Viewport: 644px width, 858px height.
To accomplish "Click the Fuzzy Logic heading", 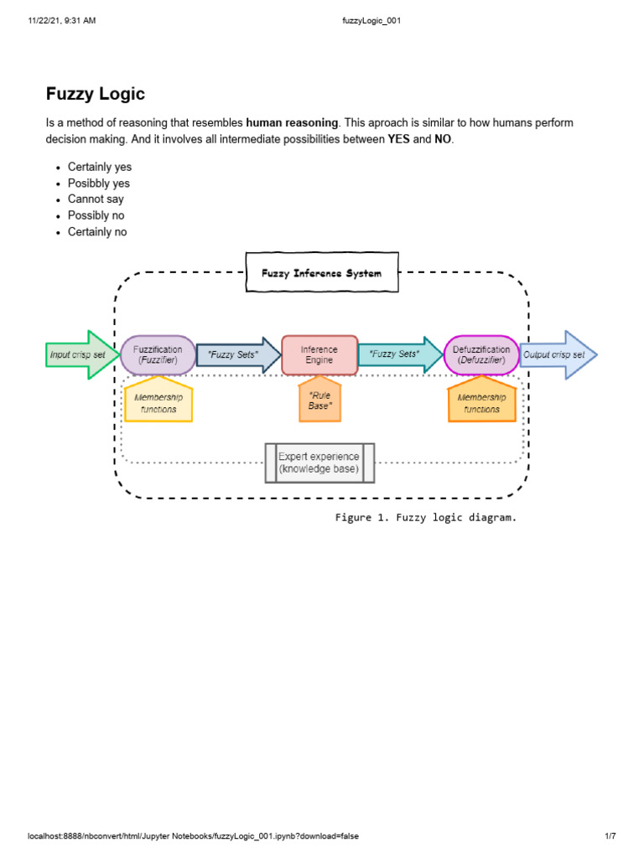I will [x=96, y=95].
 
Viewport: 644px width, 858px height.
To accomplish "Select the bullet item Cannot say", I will [x=96, y=199].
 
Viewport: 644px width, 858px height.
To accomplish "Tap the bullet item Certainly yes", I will [x=100, y=167].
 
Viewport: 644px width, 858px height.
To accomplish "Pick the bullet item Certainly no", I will [x=97, y=232].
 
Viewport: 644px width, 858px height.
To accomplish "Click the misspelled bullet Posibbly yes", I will [x=99, y=183].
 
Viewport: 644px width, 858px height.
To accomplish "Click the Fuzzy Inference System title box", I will [x=321, y=273].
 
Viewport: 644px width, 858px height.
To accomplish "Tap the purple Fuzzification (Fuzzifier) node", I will [x=158, y=354].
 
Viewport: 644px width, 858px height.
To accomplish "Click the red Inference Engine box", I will [x=319, y=354].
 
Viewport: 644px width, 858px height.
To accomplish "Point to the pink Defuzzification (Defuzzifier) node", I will [x=481, y=354].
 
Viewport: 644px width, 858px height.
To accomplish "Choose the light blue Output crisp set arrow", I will [x=557, y=354].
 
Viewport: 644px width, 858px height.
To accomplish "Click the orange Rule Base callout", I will [x=319, y=400].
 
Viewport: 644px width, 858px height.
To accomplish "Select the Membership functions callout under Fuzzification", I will [x=158, y=402].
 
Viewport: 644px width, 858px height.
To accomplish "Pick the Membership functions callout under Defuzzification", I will [x=481, y=402].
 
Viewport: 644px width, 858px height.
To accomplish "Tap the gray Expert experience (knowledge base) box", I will [x=319, y=463].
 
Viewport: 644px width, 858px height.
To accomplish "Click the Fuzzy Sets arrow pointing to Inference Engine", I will [x=236, y=354].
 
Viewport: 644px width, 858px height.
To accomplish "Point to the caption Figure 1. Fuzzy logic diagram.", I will [x=426, y=518].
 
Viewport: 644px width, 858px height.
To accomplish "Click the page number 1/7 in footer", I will [x=610, y=836].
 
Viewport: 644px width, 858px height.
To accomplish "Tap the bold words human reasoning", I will [x=293, y=123].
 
